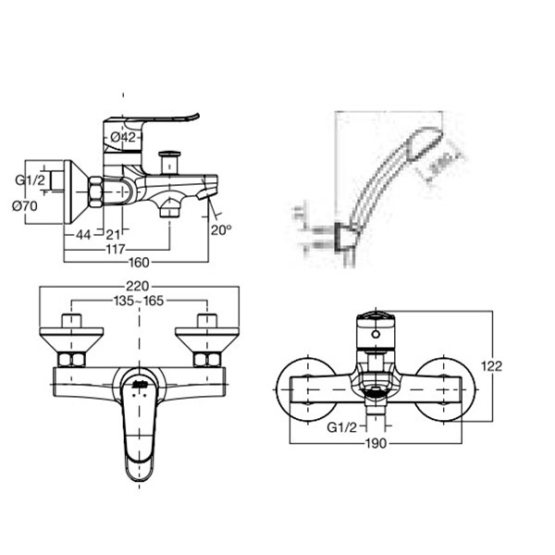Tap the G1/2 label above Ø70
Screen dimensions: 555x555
(x=29, y=181)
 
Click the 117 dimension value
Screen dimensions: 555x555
(x=116, y=251)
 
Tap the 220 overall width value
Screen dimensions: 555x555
(x=139, y=287)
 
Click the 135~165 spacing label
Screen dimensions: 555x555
(x=138, y=301)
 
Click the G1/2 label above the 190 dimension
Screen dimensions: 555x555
(x=341, y=427)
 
